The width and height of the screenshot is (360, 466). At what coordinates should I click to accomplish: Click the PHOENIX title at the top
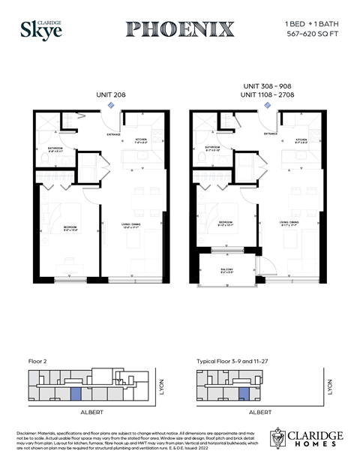coord(180,29)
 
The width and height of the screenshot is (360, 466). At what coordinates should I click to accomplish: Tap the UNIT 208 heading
coord(111,95)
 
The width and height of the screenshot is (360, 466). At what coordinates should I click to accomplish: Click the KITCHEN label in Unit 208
coord(141,140)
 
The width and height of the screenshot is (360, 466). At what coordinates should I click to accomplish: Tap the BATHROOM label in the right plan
coord(211,147)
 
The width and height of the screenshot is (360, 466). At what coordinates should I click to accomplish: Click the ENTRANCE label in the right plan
coord(269,134)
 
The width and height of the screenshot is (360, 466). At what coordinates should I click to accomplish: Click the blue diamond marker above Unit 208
coord(111,106)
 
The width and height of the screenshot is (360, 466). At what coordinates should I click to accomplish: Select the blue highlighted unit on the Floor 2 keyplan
coord(76,393)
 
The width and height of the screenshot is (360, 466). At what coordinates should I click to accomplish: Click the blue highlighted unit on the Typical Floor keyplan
coord(243,393)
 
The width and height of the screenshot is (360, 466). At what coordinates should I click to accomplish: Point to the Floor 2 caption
coord(37,362)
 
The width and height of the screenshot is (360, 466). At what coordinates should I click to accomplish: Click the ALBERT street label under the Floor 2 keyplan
coord(91,412)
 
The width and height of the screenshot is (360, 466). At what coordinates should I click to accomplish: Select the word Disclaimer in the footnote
coord(29,433)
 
